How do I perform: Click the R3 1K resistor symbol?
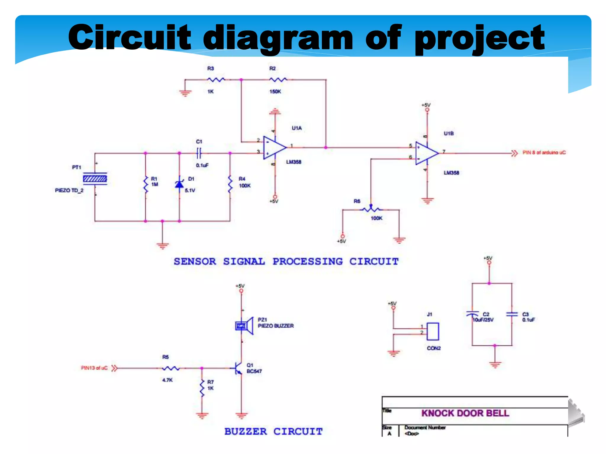pos(216,80)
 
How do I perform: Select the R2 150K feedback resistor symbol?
pos(278,80)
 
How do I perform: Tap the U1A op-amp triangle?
pos(274,147)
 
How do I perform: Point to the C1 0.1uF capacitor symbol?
pos(199,153)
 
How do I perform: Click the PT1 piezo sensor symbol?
pos(95,179)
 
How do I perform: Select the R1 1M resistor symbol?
pos(146,184)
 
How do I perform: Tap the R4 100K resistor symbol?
pos(230,184)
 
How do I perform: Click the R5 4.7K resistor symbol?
pos(171,368)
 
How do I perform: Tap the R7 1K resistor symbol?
pos(202,388)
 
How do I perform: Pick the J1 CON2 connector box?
pos(433,331)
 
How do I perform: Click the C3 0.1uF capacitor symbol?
pos(512,314)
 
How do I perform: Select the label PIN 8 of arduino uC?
pos(544,153)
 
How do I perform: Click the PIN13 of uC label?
pos(94,368)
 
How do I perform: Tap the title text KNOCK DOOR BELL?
pos(465,413)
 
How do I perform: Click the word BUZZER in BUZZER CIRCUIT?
pos(246,432)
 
